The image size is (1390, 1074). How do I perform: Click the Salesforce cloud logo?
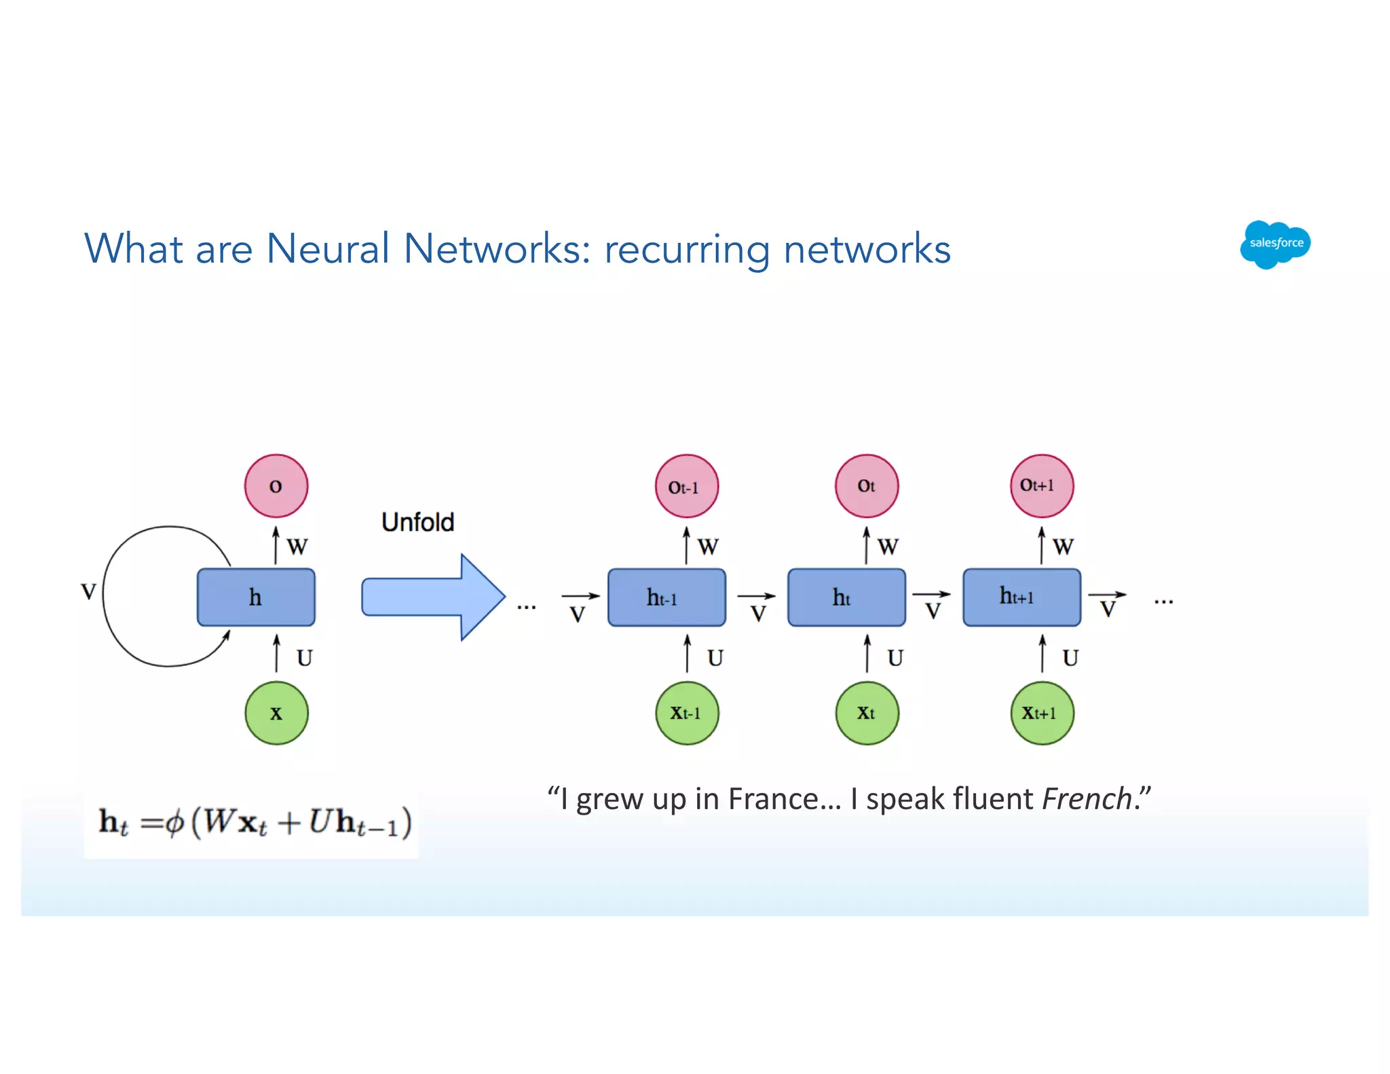pos(1275,244)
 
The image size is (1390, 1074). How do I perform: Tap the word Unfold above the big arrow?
pos(417,522)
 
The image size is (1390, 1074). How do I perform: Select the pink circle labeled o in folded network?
pos(276,486)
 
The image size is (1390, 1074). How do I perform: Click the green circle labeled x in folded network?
pos(276,713)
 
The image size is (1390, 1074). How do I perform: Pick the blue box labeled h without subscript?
pos(255,597)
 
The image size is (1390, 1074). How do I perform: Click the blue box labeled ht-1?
pos(666,597)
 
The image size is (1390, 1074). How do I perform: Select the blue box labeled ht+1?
pos(1021,597)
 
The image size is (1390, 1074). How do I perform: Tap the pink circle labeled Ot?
pos(866,486)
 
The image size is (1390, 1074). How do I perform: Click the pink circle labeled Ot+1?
pos(1041,486)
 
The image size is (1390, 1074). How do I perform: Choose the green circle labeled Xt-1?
pos(686,713)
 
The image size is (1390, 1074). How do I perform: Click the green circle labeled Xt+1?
pos(1041,713)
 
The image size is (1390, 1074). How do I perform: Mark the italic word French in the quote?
pos(1087,799)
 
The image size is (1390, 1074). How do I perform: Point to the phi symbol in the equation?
pos(174,823)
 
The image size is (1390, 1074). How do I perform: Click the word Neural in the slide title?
pos(328,248)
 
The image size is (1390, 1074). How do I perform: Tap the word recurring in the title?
pos(687,250)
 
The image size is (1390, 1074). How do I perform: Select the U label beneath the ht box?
pos(895,657)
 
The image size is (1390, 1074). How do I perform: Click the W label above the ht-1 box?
pos(707,546)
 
